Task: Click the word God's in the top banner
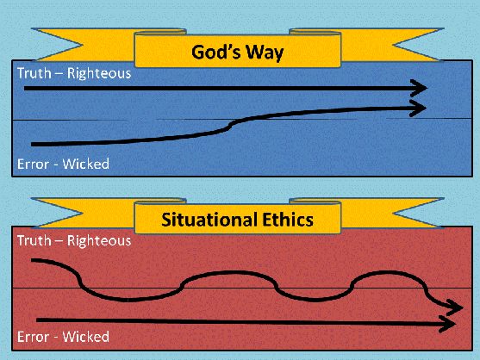point(216,52)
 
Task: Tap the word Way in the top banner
point(265,53)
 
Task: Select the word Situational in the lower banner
point(209,220)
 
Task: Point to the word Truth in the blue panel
point(34,73)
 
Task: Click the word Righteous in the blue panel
point(99,74)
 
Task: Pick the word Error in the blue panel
point(33,164)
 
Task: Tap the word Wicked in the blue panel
point(85,164)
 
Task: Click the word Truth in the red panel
point(34,240)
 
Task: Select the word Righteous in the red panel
point(99,241)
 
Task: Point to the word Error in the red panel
point(33,337)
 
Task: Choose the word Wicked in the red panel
point(85,337)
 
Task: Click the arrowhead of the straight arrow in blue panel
point(419,89)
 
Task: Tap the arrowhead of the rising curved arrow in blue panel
point(418,108)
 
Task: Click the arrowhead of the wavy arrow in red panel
point(455,307)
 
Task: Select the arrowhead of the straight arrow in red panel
point(447,324)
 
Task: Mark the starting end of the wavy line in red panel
point(33,260)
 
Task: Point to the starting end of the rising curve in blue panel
point(33,144)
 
